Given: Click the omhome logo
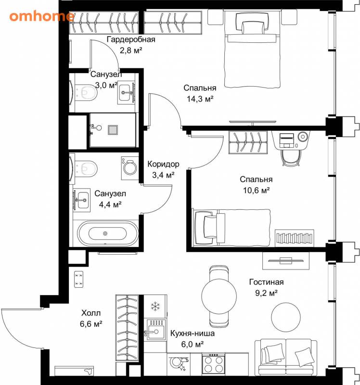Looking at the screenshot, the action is [41, 16].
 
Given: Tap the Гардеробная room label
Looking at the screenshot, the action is [131, 39].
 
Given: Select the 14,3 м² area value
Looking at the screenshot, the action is [200, 99].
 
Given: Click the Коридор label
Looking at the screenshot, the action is [163, 164].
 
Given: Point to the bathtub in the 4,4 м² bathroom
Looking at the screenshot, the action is [108, 233].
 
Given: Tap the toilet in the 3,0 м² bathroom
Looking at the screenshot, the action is [86, 92].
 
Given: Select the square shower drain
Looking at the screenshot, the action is [113, 130].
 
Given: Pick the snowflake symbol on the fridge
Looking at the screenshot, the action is [155, 306].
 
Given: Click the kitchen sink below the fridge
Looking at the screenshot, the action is [156, 330].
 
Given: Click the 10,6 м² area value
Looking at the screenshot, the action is [257, 190].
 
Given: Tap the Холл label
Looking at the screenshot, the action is [91, 313].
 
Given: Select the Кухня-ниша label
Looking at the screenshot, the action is [193, 333].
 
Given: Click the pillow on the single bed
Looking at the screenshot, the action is [209, 226].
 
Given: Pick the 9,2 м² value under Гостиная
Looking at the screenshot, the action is [266, 293].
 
